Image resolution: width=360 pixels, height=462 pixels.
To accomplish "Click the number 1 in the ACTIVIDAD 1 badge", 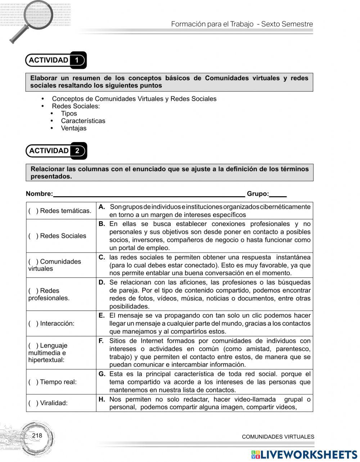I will [x=77, y=60].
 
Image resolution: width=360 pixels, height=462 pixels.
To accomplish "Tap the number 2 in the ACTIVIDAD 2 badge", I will [x=77, y=151].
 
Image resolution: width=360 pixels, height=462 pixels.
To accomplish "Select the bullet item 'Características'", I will [x=83, y=121].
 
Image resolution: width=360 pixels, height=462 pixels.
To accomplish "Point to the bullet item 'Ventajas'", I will [x=73, y=128].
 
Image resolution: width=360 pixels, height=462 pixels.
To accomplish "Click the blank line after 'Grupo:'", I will [x=278, y=194].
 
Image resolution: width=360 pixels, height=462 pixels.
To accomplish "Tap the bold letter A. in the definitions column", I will [x=102, y=207].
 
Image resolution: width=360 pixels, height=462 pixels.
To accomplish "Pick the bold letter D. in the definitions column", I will [x=102, y=282].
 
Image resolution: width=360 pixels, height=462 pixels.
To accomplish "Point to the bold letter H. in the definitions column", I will [x=102, y=399].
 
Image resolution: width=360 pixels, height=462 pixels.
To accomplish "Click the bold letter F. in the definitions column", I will [x=102, y=341].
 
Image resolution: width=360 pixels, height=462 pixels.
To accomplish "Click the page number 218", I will [x=37, y=436].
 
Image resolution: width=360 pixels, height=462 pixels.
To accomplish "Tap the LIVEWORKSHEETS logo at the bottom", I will [x=304, y=454].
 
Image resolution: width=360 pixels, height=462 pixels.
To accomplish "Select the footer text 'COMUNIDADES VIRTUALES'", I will [x=278, y=437].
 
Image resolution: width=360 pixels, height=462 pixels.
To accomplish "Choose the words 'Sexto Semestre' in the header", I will [x=287, y=24].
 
